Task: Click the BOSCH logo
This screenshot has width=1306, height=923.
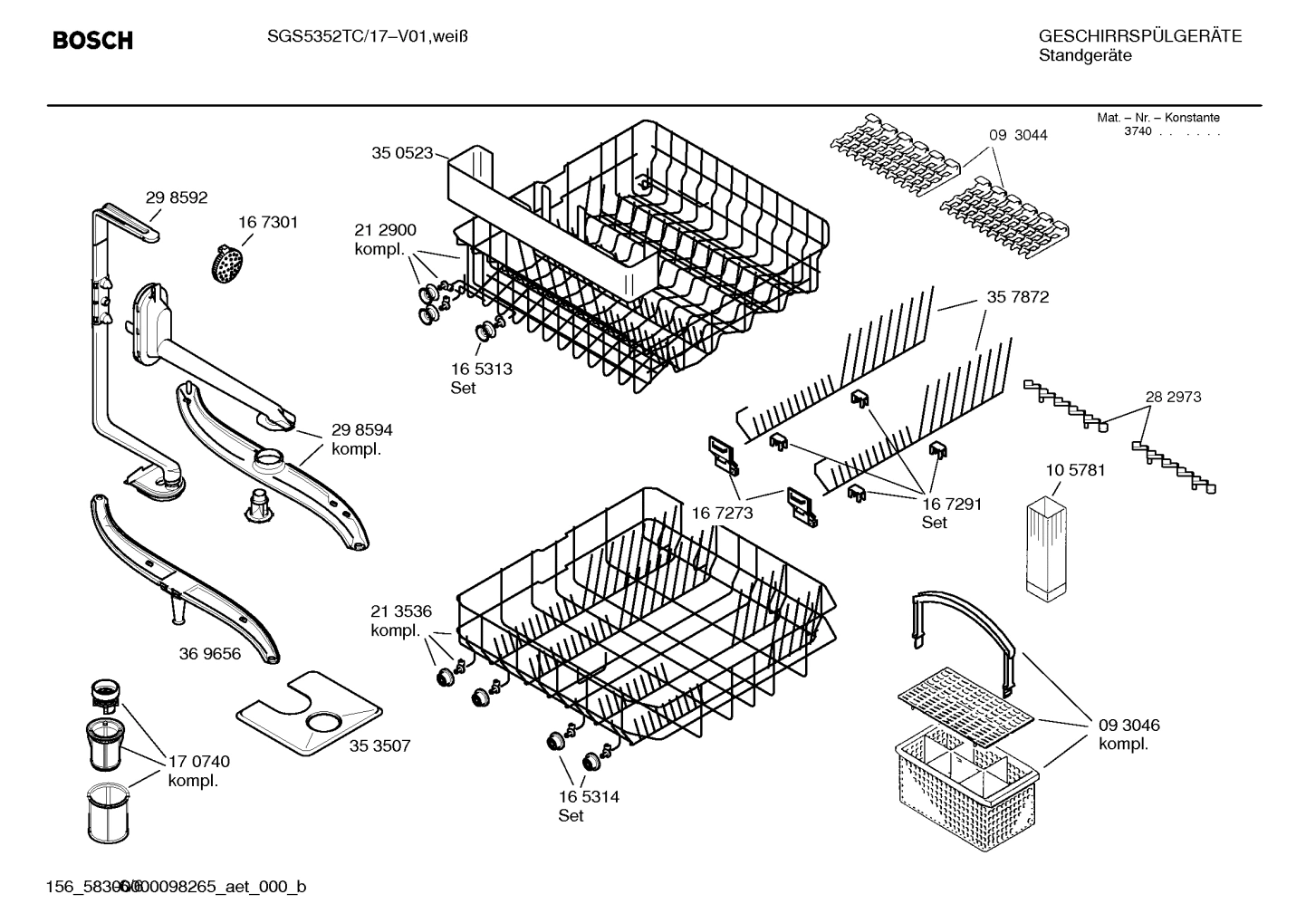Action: [x=92, y=41]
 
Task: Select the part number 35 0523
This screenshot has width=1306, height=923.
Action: [x=401, y=153]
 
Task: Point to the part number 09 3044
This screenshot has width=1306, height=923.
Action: [x=1018, y=135]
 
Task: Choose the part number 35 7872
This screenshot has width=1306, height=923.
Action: [x=1018, y=297]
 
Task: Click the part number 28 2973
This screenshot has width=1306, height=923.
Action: [x=1173, y=397]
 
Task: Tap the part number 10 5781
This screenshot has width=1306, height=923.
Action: [x=1075, y=470]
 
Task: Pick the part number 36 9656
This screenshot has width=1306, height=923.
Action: [x=210, y=653]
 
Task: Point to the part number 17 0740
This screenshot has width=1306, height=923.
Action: [x=199, y=762]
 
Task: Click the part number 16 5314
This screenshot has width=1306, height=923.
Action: [x=589, y=797]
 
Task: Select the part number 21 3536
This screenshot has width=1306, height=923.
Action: [x=401, y=611]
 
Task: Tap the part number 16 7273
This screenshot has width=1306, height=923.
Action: [x=723, y=514]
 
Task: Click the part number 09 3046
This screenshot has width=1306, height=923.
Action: [x=1128, y=726]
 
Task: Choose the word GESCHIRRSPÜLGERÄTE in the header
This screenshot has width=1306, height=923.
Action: [x=1139, y=36]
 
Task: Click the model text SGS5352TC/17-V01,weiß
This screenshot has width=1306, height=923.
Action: [x=367, y=36]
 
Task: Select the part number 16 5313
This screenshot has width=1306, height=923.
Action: [x=481, y=369]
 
